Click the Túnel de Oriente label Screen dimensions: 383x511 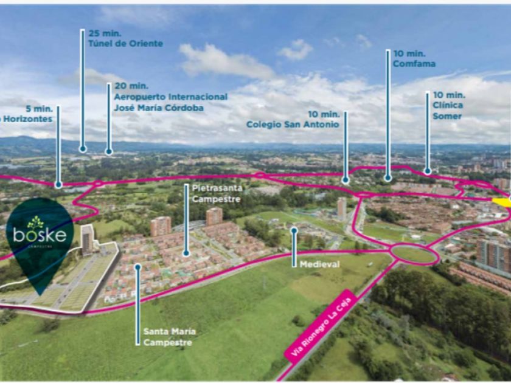[125, 44]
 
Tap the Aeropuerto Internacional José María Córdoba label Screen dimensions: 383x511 [170, 102]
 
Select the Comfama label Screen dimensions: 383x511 [414, 64]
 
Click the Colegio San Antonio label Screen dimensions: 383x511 [293, 124]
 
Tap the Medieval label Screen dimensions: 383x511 [319, 264]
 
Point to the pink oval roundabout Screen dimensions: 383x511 [414, 254]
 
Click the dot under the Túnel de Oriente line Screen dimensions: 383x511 [82, 148]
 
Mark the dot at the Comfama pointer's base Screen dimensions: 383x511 [388, 178]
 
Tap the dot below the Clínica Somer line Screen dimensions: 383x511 [428, 172]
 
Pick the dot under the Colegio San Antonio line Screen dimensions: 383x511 [345, 180]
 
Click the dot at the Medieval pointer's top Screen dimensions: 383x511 [294, 230]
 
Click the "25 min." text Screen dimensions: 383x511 [101, 33]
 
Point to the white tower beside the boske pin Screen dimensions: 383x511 [86, 238]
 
